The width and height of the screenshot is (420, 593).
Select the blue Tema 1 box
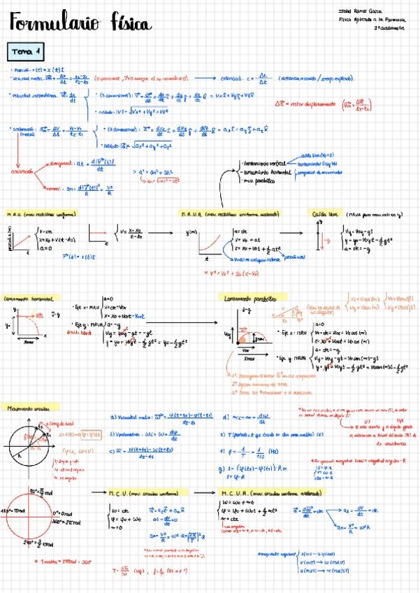pos(27,51)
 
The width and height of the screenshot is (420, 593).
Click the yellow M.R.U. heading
pos(41,213)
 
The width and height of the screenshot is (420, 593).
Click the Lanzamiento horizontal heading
pos(31,297)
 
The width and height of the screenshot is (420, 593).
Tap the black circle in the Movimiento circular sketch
pos(33,445)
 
